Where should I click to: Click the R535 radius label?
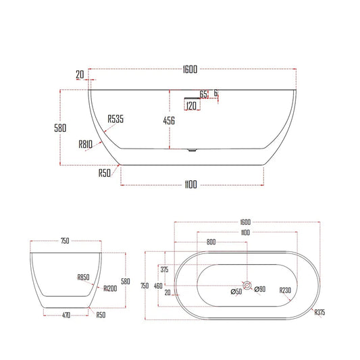115,120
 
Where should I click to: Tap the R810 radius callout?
86,143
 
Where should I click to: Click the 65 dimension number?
203,94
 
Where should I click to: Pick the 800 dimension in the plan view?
211,241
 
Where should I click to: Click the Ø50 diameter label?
237,292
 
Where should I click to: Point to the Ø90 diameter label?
260,290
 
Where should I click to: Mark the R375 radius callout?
319,313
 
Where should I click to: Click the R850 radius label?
84,278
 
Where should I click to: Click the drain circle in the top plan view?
248,286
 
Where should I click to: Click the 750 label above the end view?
66,240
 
